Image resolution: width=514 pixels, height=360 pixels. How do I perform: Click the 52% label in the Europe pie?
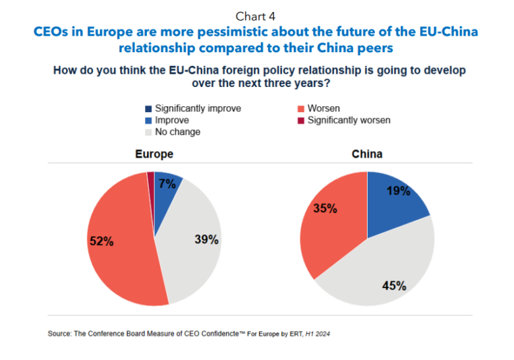pyautogui.click(x=101, y=241)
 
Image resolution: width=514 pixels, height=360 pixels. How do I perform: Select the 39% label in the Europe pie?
pyautogui.click(x=206, y=239)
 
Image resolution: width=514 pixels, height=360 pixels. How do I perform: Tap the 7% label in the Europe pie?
pyautogui.click(x=167, y=185)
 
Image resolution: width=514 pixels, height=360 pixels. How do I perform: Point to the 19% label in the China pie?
pyautogui.click(x=398, y=191)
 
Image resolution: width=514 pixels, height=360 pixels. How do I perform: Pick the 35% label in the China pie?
pyautogui.click(x=325, y=208)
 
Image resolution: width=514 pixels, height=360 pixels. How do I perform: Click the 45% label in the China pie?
pyautogui.click(x=394, y=285)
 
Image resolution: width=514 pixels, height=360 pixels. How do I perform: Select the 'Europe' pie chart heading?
pyautogui.click(x=154, y=154)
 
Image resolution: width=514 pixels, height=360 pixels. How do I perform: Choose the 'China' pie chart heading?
pyautogui.click(x=367, y=154)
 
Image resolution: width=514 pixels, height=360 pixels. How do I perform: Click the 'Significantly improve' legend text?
pyautogui.click(x=198, y=108)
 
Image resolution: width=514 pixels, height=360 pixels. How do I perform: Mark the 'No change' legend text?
pyautogui.click(x=177, y=132)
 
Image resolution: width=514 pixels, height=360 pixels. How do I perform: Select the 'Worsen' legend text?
pyautogui.click(x=324, y=108)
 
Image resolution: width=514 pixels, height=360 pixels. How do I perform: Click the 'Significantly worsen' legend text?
pyautogui.click(x=349, y=120)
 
